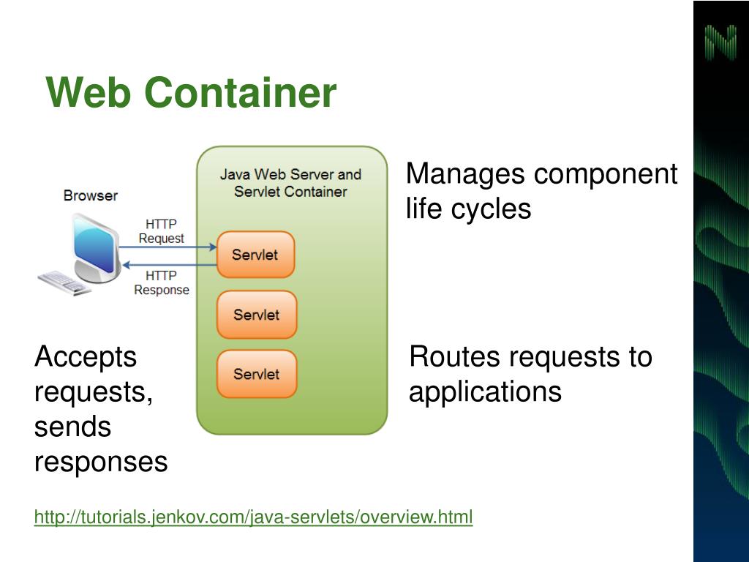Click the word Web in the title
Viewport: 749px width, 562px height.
tap(89, 92)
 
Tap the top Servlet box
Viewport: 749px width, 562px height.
tap(255, 254)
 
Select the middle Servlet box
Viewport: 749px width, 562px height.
tap(257, 315)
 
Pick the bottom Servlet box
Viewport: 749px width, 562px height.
tap(257, 374)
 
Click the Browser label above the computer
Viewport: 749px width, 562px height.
tap(90, 195)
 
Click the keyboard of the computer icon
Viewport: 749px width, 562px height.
tap(64, 282)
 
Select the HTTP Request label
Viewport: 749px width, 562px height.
tap(162, 231)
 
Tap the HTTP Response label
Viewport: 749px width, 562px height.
tap(162, 283)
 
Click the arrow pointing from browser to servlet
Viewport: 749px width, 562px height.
tap(168, 247)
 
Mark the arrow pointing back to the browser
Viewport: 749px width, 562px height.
tap(170, 265)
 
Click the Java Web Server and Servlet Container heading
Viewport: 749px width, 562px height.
tap(290, 183)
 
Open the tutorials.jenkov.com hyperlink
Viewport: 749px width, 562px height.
tap(253, 517)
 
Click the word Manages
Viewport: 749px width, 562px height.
tap(465, 174)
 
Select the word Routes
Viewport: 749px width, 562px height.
tap(454, 356)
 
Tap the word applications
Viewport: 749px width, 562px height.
tap(486, 392)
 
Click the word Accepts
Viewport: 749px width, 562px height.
tap(86, 357)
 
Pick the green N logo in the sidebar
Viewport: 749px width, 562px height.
tap(720, 42)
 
